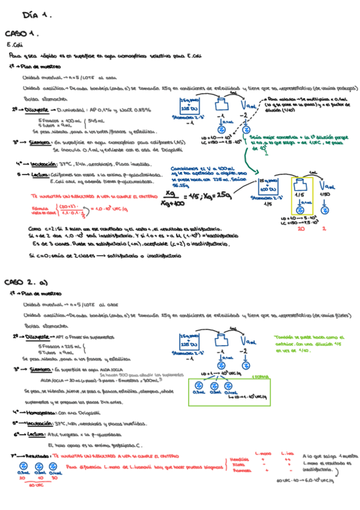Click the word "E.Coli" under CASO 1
click(14, 45)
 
